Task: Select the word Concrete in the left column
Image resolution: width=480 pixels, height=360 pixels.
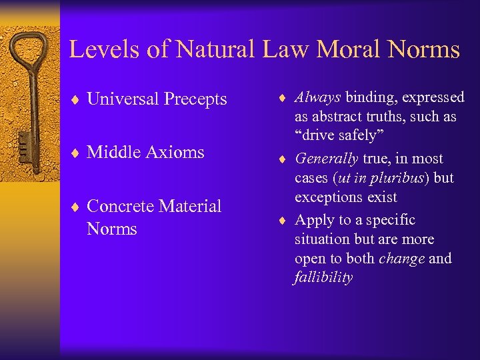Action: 121,206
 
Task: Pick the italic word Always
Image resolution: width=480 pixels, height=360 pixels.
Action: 318,97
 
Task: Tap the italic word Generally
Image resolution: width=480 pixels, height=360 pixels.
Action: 326,159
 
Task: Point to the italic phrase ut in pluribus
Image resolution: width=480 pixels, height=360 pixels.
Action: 384,178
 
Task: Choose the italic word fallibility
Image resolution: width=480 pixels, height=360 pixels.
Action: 323,277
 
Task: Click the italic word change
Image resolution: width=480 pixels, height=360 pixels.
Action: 401,258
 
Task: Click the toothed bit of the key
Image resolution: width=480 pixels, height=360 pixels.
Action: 23,143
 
